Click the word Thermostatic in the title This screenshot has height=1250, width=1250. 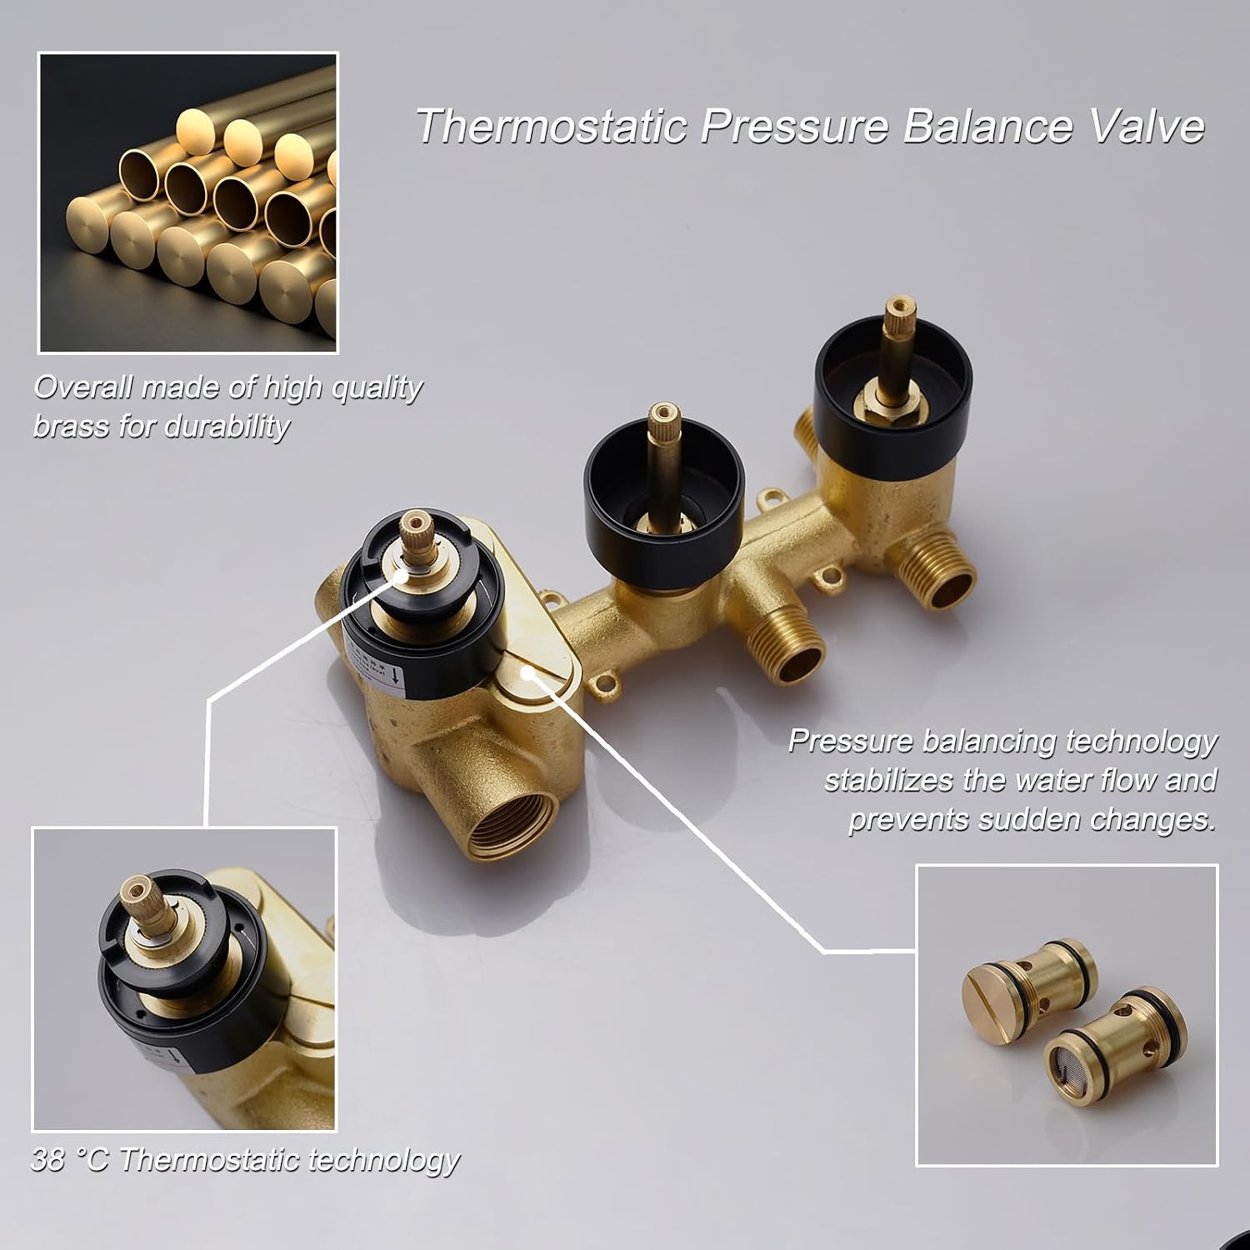tap(551, 127)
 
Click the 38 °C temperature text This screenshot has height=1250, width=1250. tap(71, 1160)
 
